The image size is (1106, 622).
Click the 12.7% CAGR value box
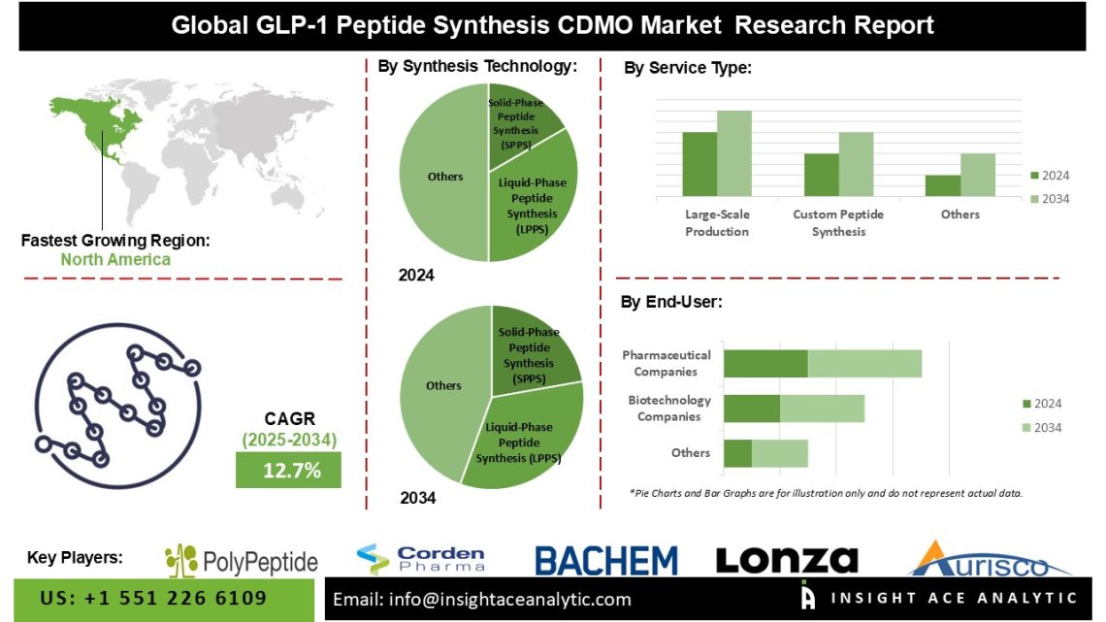288,471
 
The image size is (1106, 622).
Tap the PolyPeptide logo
242,561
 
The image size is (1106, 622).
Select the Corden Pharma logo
420,559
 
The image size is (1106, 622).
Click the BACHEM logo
606,561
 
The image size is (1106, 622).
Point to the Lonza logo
787,560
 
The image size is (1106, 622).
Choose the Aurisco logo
989,559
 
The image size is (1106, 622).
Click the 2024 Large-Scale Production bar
699,164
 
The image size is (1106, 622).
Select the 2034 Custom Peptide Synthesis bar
856,164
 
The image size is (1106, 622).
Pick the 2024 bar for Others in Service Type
942,185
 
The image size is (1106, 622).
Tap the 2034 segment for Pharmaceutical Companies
864,364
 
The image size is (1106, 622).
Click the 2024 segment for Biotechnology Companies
752,409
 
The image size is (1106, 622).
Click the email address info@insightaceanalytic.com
482,599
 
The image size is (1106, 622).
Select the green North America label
115,259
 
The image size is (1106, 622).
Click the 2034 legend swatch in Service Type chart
1034,199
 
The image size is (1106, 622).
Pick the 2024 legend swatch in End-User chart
1027,404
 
